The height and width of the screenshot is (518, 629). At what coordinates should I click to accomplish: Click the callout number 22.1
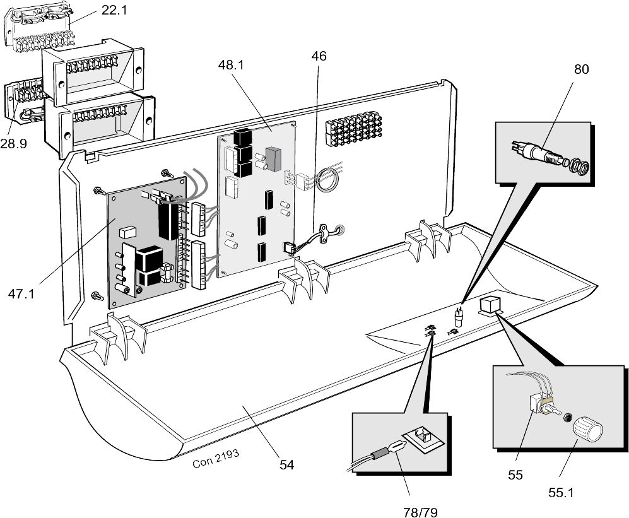114,11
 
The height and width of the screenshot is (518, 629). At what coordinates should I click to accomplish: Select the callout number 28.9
13,144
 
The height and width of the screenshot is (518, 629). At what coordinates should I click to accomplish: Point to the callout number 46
319,56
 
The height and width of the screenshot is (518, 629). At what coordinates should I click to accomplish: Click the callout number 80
581,69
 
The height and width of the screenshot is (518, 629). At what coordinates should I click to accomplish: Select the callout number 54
286,465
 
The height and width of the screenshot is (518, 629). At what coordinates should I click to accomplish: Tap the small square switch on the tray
490,306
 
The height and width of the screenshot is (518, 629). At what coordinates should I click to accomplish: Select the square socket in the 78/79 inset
421,437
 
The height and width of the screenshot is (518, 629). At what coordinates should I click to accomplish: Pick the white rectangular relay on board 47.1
127,232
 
